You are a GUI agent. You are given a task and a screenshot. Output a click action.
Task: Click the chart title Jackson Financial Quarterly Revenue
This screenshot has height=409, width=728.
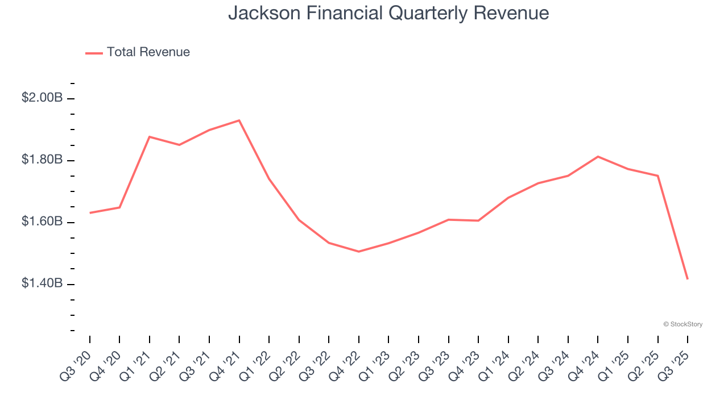coord(388,12)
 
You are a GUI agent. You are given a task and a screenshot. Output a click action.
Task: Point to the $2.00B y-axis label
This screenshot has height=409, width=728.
coord(42,98)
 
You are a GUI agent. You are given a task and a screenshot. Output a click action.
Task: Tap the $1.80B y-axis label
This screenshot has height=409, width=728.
coord(42,160)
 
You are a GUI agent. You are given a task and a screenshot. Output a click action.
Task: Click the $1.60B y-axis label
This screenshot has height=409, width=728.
coord(42,222)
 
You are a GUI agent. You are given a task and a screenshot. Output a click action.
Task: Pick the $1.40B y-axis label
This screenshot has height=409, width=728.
coord(42,283)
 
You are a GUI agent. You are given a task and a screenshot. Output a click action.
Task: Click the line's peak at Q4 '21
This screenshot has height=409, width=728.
coord(239,120)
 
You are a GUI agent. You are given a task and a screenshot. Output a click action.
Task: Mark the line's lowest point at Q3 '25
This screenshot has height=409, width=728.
coord(688,278)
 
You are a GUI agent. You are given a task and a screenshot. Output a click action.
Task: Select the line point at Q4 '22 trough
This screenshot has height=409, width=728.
coord(359,251)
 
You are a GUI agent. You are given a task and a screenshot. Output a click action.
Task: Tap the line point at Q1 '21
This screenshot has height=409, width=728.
coord(150,137)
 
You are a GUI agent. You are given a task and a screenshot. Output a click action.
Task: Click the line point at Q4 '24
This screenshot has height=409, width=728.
coord(598,156)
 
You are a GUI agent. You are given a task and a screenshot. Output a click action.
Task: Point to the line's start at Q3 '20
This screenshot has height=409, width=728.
coord(90,213)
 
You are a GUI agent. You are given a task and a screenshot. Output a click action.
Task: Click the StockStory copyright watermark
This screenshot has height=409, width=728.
coord(682,324)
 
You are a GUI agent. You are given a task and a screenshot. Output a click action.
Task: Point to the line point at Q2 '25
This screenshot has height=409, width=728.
coord(658,176)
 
